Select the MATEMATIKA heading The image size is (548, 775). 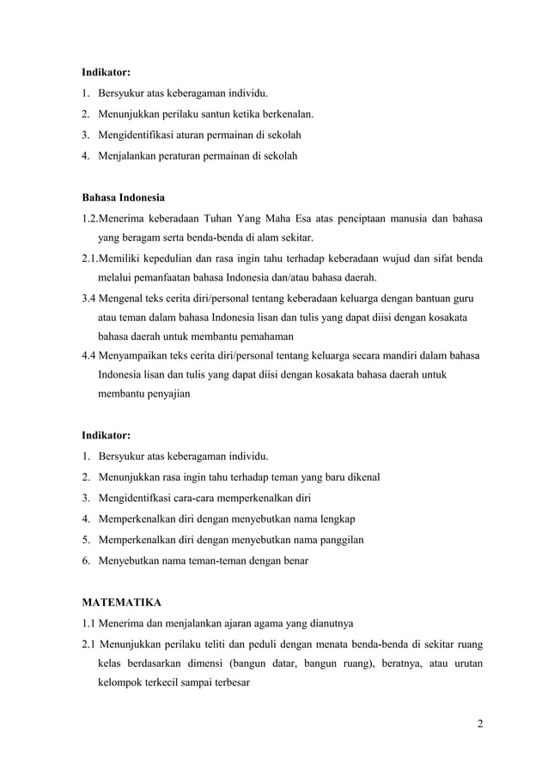pos(121,603)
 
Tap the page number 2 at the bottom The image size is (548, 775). pos(480,723)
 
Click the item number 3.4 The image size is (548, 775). pos(88,299)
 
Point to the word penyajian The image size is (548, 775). pos(167,394)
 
